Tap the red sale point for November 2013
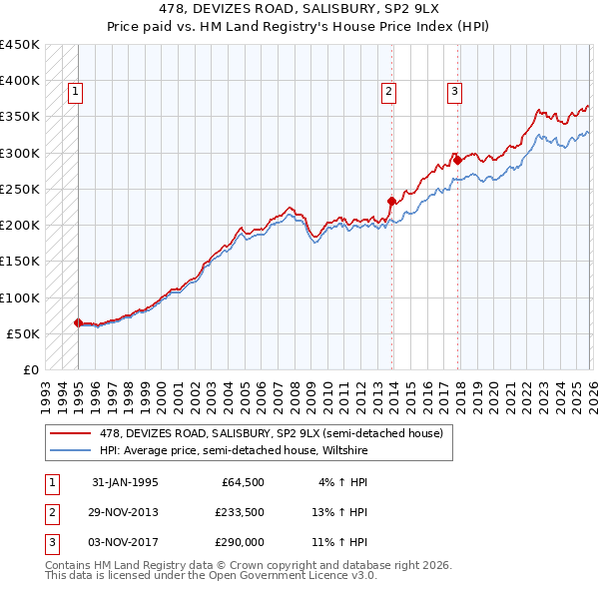tap(391, 201)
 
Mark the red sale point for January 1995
tap(78, 322)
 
